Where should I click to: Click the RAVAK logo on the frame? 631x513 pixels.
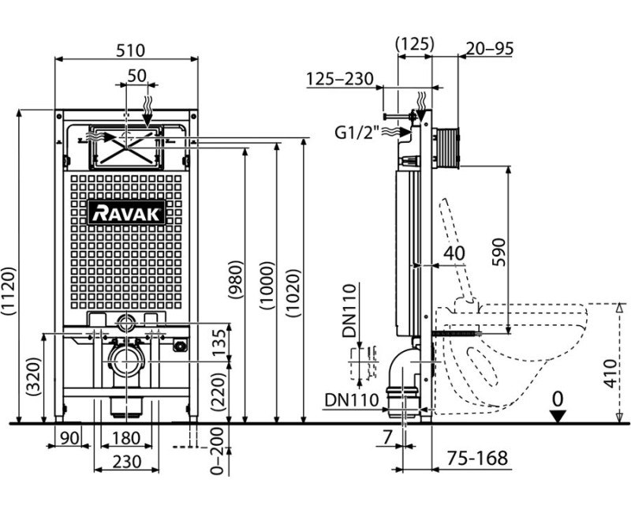126,212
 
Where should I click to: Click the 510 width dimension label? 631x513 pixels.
130,51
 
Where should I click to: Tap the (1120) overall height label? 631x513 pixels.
9,291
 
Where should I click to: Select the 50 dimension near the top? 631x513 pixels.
136,76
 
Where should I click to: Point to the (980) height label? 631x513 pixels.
235,279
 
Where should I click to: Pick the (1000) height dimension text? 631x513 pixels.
267,285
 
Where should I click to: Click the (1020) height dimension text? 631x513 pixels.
293,293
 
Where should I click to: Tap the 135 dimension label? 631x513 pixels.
220,343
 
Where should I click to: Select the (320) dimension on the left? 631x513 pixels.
34,376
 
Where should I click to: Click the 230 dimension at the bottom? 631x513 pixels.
127,462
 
